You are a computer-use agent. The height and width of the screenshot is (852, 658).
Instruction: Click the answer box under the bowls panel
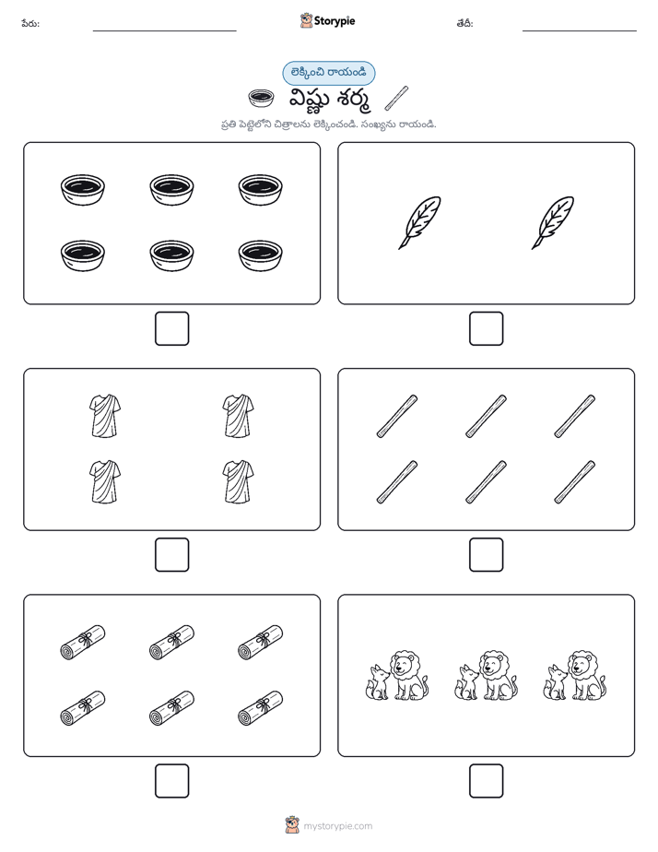pyautogui.click(x=171, y=329)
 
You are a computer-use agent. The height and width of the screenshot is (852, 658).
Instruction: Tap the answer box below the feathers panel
pyautogui.click(x=486, y=329)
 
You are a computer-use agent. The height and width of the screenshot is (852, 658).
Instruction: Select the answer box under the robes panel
pyautogui.click(x=171, y=555)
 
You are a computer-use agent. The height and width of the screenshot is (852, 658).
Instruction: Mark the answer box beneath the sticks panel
pyautogui.click(x=486, y=555)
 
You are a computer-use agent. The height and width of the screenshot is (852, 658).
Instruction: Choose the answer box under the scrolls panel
pyautogui.click(x=171, y=781)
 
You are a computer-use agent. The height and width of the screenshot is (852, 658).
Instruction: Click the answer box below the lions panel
pyautogui.click(x=486, y=781)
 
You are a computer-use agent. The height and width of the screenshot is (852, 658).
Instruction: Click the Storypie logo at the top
pyautogui.click(x=327, y=20)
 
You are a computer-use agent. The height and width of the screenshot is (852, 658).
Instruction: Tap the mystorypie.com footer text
pyautogui.click(x=337, y=826)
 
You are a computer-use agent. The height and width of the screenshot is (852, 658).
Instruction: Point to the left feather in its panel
pyautogui.click(x=419, y=223)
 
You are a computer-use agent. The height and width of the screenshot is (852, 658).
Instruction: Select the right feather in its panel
pyautogui.click(x=553, y=223)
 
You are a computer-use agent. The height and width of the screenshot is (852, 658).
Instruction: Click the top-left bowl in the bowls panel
pyautogui.click(x=83, y=190)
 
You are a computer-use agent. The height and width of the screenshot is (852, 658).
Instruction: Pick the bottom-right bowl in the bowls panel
pyautogui.click(x=260, y=255)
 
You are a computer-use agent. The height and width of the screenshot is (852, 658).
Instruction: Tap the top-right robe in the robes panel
pyautogui.click(x=238, y=416)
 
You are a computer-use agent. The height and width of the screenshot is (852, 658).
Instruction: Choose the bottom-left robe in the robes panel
pyautogui.click(x=105, y=482)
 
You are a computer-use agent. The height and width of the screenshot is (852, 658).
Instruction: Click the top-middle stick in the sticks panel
pyautogui.click(x=486, y=416)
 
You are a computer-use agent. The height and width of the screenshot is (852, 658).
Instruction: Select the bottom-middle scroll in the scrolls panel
pyautogui.click(x=171, y=708)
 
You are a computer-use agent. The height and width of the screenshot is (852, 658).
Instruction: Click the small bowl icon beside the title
pyautogui.click(x=261, y=98)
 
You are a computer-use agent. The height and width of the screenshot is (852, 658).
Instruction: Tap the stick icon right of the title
pyautogui.click(x=396, y=98)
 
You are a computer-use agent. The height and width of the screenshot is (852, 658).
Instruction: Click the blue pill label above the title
pyautogui.click(x=328, y=74)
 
